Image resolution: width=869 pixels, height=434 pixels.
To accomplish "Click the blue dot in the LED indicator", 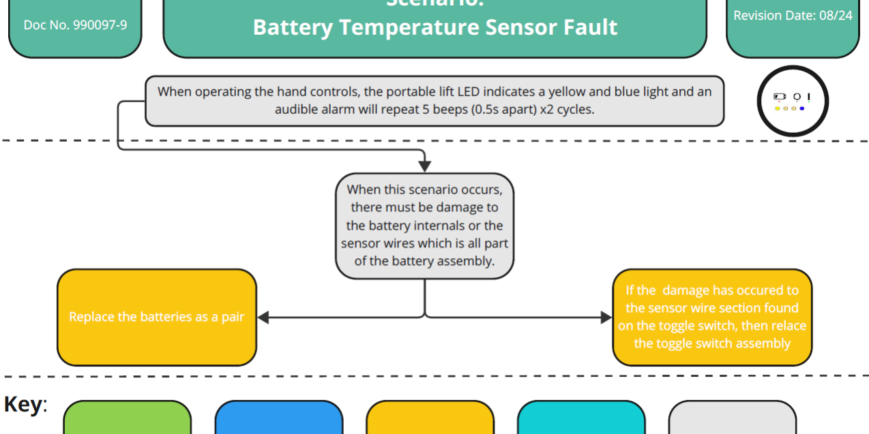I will (801, 108).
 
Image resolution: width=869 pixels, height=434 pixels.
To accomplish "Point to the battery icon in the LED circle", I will (779, 97).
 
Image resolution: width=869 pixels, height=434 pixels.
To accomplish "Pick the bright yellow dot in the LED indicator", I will (778, 108).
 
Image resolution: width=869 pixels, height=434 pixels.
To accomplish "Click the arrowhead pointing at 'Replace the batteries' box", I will (263, 317).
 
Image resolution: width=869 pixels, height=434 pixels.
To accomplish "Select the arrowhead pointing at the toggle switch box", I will (606, 317).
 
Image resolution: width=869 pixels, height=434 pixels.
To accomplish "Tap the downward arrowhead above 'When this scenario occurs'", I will (424, 166).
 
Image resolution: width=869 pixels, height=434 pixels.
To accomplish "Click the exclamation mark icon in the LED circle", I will (809, 97).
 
